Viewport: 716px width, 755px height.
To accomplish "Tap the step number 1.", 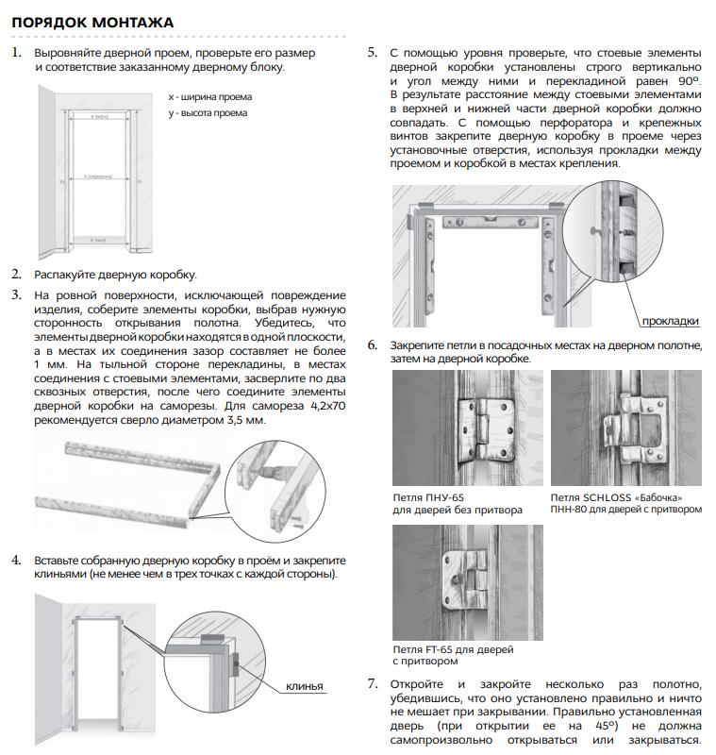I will [16, 53].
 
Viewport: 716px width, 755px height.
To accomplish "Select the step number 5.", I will [373, 53].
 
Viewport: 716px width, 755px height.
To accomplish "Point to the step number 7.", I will [373, 683].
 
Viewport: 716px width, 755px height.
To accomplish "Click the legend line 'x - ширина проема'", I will [209, 97].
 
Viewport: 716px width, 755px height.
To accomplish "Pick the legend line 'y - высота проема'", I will [208, 113].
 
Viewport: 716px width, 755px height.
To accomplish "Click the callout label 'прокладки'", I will [670, 321].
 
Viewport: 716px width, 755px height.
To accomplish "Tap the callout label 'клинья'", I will [304, 686].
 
